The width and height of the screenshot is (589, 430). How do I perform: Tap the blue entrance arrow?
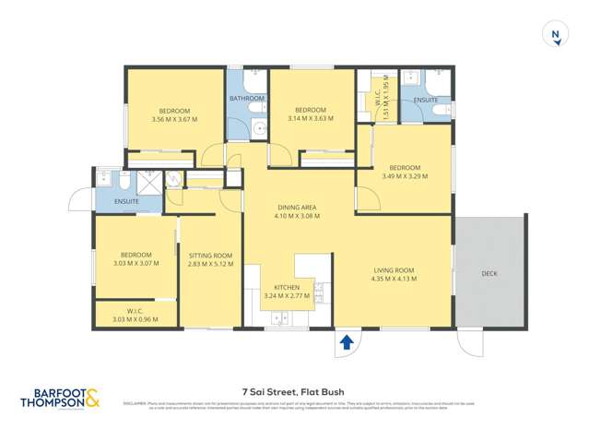pyautogui.click(x=347, y=342)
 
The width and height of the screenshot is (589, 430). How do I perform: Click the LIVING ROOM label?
pyautogui.click(x=393, y=270)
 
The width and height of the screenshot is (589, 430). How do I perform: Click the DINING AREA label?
pyautogui.click(x=297, y=208)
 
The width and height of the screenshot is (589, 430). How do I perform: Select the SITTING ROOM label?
pyautogui.click(x=210, y=256)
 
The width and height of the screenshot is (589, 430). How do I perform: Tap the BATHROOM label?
pyautogui.click(x=246, y=99)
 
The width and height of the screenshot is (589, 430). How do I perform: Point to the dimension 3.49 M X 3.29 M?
pyautogui.click(x=405, y=176)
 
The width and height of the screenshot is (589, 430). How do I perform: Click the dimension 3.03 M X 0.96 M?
pyautogui.click(x=135, y=319)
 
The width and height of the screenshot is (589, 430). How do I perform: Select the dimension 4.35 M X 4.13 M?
pyautogui.click(x=393, y=279)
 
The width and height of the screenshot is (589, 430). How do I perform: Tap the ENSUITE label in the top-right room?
pyautogui.click(x=426, y=100)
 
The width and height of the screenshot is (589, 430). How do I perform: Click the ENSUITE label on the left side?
pyautogui.click(x=126, y=201)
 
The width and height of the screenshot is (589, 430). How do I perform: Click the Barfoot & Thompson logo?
pyautogui.click(x=60, y=398)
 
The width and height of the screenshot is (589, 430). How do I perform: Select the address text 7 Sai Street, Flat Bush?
pyautogui.click(x=293, y=391)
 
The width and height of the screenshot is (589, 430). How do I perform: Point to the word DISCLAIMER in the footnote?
pyautogui.click(x=135, y=402)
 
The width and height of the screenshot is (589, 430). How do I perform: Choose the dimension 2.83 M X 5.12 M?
pyautogui.click(x=210, y=264)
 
